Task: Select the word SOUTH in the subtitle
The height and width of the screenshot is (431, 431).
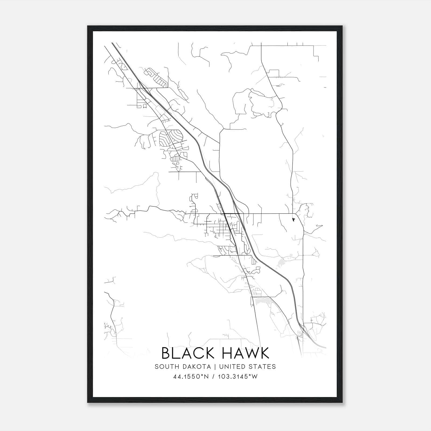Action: click(x=164, y=367)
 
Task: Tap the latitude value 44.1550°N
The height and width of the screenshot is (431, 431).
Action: click(x=191, y=377)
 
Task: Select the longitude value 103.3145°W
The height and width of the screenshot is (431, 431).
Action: click(x=237, y=377)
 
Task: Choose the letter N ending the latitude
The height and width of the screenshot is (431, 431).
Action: click(x=207, y=377)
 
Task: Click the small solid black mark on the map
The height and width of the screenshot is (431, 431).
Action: click(x=293, y=220)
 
